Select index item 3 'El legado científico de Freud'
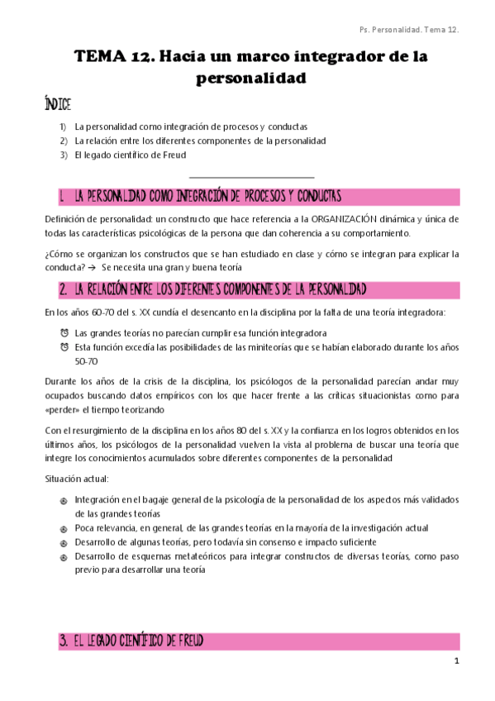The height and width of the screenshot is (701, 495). [130, 155]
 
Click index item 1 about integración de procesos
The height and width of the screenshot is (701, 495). [190, 127]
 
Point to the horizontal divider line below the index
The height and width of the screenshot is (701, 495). [251, 176]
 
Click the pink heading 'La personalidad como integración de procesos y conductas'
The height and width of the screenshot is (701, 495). [207, 197]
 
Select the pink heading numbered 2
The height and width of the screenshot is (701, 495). [213, 289]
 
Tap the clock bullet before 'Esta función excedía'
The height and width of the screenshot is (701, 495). [64, 347]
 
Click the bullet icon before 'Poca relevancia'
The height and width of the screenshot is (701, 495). [64, 528]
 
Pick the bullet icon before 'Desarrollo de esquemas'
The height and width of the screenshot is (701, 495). [64, 556]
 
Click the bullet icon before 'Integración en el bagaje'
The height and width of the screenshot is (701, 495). [64, 500]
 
